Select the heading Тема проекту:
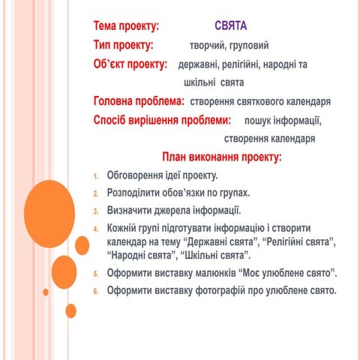[126, 26]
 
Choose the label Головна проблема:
[139, 100]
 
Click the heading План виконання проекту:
[222, 157]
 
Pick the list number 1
[96, 177]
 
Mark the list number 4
[96, 229]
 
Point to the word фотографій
[215, 289]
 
